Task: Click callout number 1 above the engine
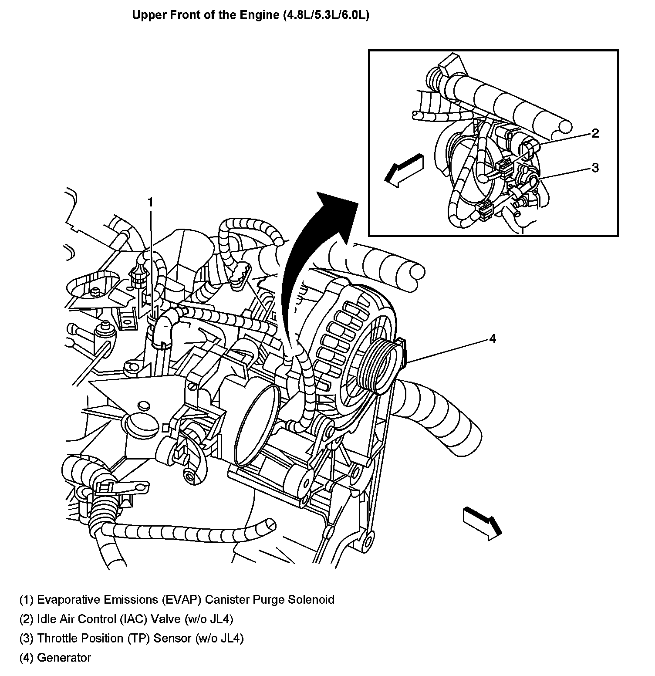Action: pos(150,203)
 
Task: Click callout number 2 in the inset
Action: pos(595,133)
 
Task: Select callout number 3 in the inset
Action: pos(595,168)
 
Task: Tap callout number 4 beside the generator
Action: pos(493,338)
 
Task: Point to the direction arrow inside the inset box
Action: pos(403,170)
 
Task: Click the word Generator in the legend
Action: pos(64,657)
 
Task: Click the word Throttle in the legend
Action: pos(59,638)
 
